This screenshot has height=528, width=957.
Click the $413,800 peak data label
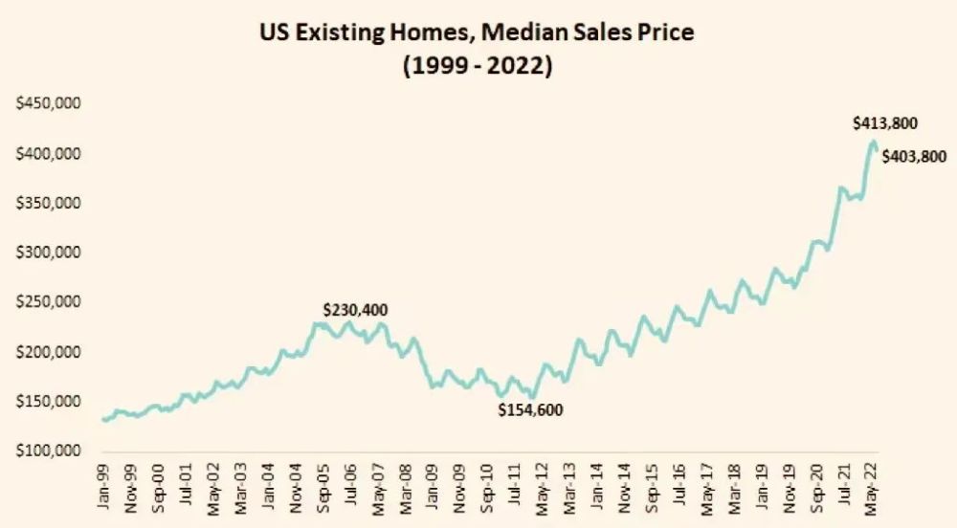(x=885, y=123)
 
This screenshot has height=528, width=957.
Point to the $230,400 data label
(x=355, y=310)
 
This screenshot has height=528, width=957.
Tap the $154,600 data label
(x=530, y=410)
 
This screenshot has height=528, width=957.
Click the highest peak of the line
(x=873, y=143)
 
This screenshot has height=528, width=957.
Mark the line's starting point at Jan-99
(x=103, y=420)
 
